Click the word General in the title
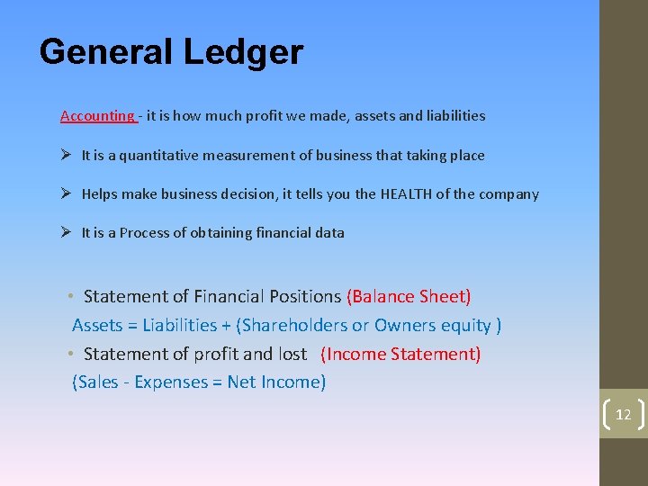coord(106,52)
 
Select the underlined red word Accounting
coord(97,115)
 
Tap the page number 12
coord(623,414)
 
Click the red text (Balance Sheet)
coord(409,296)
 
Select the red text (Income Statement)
coord(400,354)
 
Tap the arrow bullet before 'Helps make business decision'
coord(66,193)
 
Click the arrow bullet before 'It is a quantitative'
coord(66,155)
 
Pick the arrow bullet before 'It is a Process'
coord(66,232)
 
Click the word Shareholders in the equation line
coord(293,325)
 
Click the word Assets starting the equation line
coord(97,325)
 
